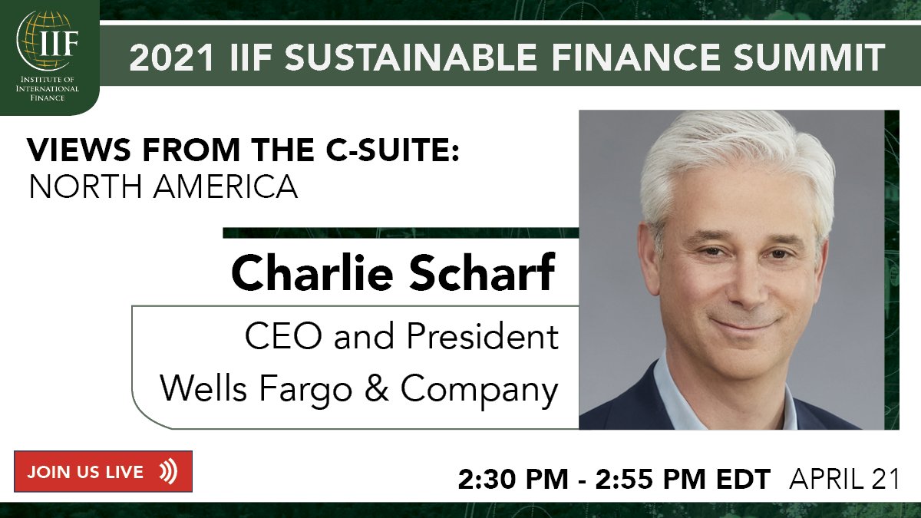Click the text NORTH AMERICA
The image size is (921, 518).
tap(163, 186)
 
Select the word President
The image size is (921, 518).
tap(482, 338)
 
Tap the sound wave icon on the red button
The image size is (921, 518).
tap(168, 471)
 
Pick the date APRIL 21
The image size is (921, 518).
tap(844, 479)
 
